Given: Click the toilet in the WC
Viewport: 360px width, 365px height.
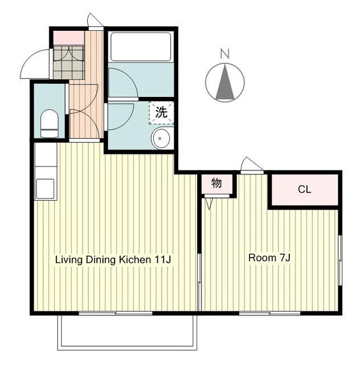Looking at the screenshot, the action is (50, 123).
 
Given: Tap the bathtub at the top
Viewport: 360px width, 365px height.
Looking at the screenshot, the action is (141, 47).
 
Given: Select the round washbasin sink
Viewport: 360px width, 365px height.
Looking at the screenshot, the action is (161, 138).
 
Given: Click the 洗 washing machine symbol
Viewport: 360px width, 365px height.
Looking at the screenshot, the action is (161, 113).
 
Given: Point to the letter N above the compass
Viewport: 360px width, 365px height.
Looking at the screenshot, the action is (225, 54).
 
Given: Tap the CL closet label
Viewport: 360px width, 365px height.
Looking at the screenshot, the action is (304, 189).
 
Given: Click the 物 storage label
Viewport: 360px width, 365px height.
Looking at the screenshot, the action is (216, 183).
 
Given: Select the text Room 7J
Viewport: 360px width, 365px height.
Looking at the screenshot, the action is (269, 258).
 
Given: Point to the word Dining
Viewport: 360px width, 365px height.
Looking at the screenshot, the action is (101, 260).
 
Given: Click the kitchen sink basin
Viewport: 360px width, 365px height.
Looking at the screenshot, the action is (46, 189).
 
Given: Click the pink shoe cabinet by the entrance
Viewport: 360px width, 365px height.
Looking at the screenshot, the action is (69, 38).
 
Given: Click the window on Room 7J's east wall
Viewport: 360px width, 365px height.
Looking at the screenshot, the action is (339, 260).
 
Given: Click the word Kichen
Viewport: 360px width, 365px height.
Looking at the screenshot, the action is (135, 259).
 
